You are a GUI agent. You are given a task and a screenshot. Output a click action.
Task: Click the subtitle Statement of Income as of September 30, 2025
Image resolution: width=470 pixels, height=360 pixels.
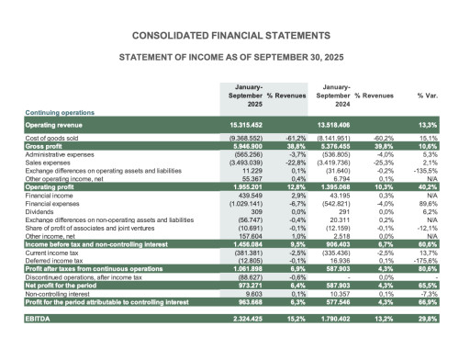(x=234, y=57)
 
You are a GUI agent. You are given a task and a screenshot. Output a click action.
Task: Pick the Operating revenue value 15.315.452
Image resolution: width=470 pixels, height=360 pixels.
(x=241, y=124)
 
